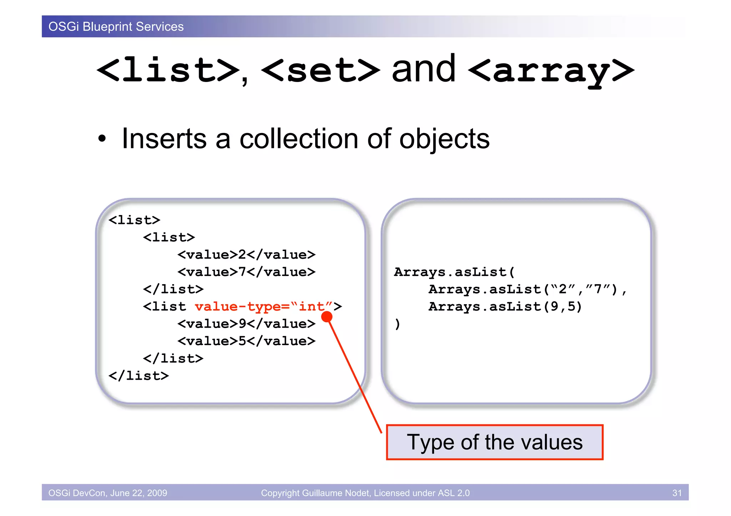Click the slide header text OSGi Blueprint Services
(116, 27)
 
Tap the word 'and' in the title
(424, 70)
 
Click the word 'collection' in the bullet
(299, 139)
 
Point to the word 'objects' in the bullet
(444, 139)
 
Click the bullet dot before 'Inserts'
(102, 139)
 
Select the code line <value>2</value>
(246, 255)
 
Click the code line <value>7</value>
(246, 272)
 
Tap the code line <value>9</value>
(246, 324)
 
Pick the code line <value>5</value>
(246, 341)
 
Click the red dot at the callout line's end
(327, 317)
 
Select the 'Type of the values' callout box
(494, 443)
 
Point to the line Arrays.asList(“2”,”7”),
(527, 290)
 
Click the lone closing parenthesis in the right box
(397, 324)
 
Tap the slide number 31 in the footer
(677, 493)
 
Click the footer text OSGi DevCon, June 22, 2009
(107, 493)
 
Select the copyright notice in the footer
(365, 493)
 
